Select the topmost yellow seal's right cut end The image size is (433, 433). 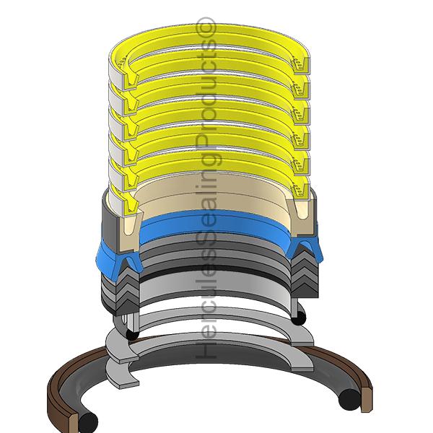click(x=302, y=66)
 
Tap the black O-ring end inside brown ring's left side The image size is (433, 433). click(x=86, y=421)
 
